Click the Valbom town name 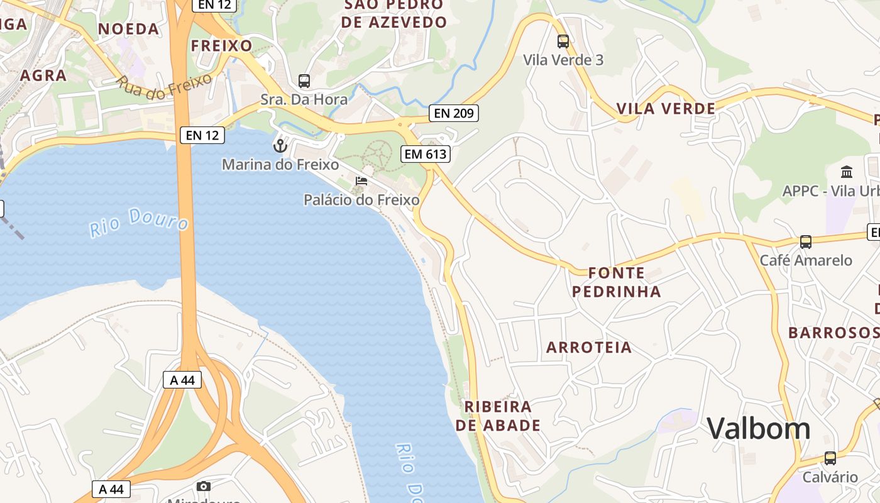pyautogui.click(x=759, y=429)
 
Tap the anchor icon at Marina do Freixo pyautogui.click(x=280, y=146)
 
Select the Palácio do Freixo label pyautogui.click(x=361, y=200)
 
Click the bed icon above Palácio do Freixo pyautogui.click(x=361, y=181)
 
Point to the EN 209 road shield pyautogui.click(x=454, y=113)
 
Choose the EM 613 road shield pyautogui.click(x=426, y=153)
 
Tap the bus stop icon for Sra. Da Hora pyautogui.click(x=304, y=80)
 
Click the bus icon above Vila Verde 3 pyautogui.click(x=563, y=41)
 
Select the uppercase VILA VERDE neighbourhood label pyautogui.click(x=666, y=109)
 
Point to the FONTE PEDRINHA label pyautogui.click(x=617, y=282)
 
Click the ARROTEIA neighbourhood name pyautogui.click(x=589, y=348)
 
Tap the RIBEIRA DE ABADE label pyautogui.click(x=498, y=416)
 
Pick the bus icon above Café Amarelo pyautogui.click(x=806, y=241)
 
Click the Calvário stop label pyautogui.click(x=830, y=477)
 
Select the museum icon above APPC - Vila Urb pyautogui.click(x=847, y=172)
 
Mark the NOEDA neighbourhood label pyautogui.click(x=129, y=29)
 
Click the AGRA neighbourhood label pyautogui.click(x=43, y=75)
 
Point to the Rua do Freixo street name pyautogui.click(x=155, y=87)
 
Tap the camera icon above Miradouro pyautogui.click(x=204, y=486)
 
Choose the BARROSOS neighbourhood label pyautogui.click(x=833, y=333)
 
